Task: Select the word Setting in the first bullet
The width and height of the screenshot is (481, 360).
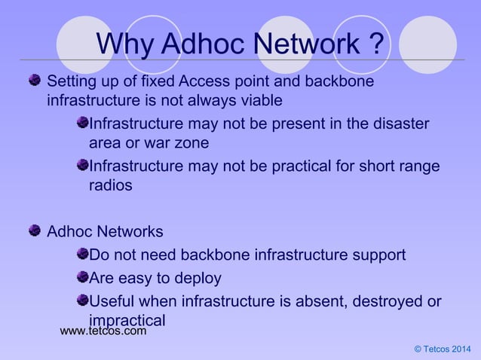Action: click(x=72, y=81)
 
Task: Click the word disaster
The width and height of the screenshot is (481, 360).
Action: click(x=402, y=123)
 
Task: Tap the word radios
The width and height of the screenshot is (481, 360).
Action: click(x=111, y=186)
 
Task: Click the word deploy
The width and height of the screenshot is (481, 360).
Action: click(x=198, y=279)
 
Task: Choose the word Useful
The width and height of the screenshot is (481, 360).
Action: click(x=115, y=302)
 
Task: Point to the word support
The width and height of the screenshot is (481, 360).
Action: click(x=369, y=255)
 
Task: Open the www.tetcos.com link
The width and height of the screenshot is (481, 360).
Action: click(x=103, y=331)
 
